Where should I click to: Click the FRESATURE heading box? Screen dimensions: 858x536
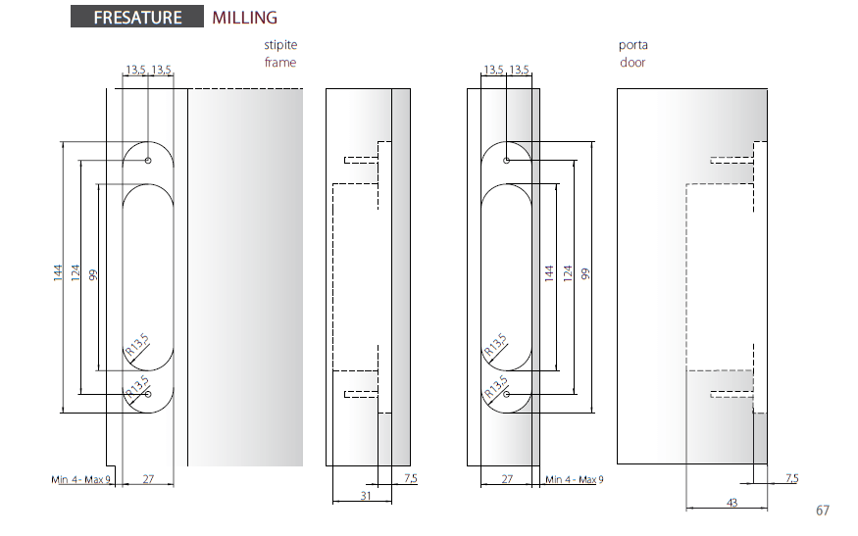pyautogui.click(x=137, y=17)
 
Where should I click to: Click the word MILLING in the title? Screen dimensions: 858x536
pyautogui.click(x=244, y=18)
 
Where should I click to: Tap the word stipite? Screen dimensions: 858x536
pyautogui.click(x=280, y=45)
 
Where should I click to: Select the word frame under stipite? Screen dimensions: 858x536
pyautogui.click(x=280, y=63)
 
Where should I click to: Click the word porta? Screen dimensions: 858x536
pyautogui.click(x=633, y=45)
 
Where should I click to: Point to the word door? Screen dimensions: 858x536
pyautogui.click(x=632, y=63)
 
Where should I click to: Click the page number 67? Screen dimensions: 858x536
pyautogui.click(x=823, y=511)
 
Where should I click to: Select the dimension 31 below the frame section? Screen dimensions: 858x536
pyautogui.click(x=366, y=496)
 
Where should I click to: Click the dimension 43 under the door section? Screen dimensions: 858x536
pyautogui.click(x=732, y=502)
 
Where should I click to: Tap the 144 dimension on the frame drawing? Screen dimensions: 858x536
pyautogui.click(x=58, y=273)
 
